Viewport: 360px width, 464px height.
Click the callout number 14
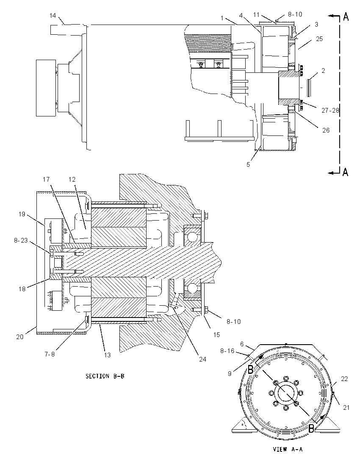(53, 15)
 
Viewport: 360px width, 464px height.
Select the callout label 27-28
(330, 110)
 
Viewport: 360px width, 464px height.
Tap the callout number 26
(326, 130)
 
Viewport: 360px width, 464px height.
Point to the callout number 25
(319, 39)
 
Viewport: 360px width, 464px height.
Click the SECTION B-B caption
(105, 376)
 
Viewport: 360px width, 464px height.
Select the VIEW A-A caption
(288, 449)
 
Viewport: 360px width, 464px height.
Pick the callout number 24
(202, 359)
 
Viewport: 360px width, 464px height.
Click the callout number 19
(22, 214)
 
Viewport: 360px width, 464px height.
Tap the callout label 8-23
(21, 240)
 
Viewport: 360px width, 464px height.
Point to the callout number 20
(19, 337)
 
